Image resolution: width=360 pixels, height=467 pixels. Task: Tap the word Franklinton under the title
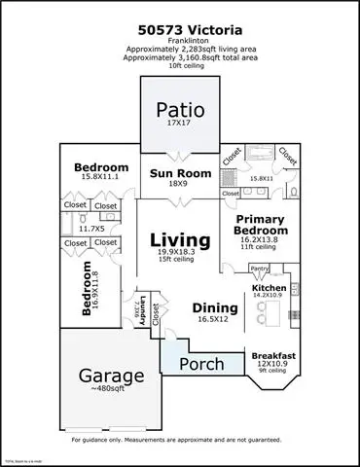179,41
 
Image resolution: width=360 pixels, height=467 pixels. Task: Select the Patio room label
179,109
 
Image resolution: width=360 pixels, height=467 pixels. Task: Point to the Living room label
179,239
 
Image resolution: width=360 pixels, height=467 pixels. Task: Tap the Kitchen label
270,289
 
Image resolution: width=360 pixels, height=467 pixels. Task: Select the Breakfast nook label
274,355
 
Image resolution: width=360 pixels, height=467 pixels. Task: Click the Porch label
203,364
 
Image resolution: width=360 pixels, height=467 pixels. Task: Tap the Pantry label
259,268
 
